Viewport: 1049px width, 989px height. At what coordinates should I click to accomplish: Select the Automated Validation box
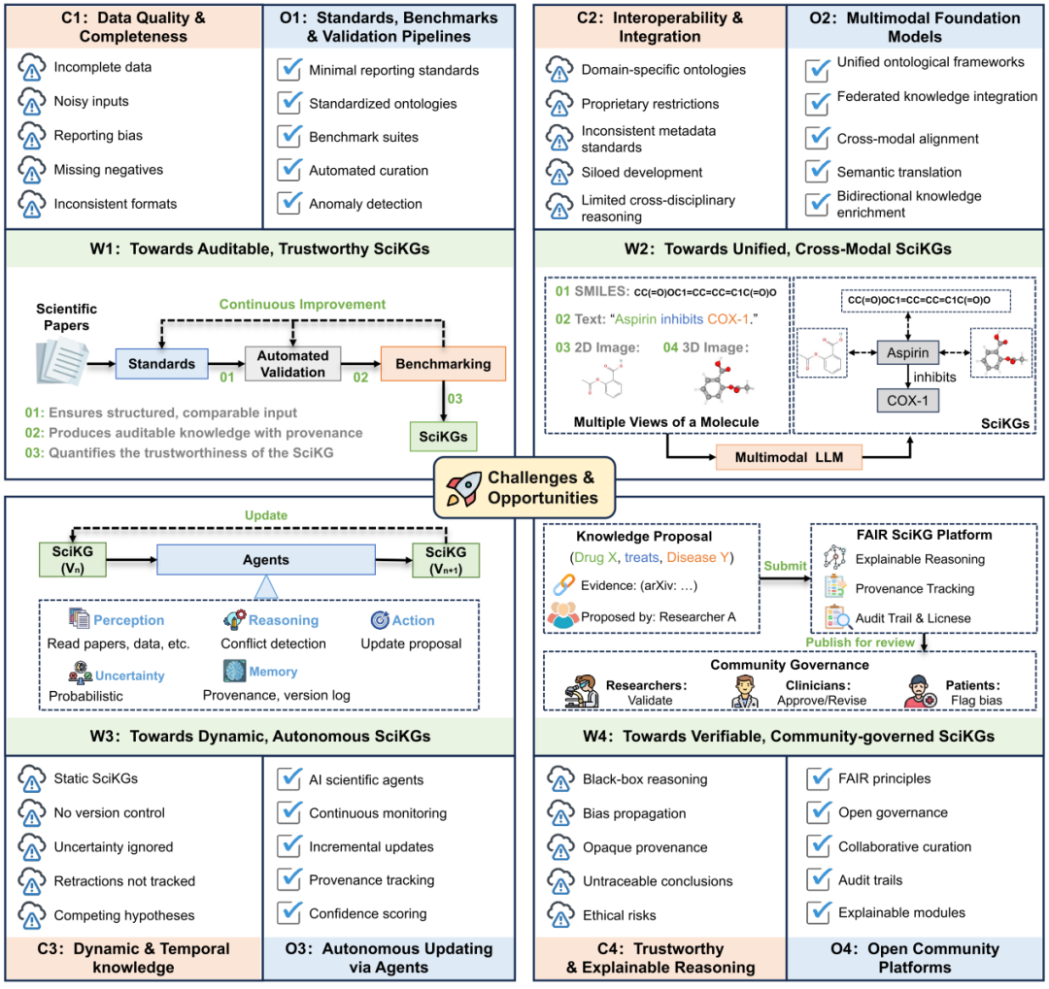292,364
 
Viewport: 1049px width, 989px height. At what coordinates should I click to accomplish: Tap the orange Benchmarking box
443,365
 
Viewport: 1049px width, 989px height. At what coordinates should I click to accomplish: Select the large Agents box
265,560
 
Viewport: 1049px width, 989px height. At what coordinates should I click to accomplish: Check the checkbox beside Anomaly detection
289,204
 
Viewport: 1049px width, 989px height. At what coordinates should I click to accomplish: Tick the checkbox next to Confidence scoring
289,912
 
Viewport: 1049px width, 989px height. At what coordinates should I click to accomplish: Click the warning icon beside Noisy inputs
33,101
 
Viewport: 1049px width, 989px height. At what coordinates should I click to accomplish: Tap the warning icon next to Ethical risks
561,914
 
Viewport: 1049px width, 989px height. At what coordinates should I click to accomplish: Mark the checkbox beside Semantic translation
819,172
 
